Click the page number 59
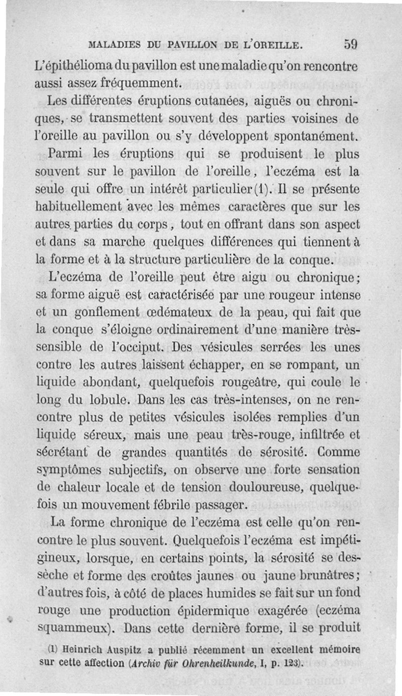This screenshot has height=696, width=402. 351,44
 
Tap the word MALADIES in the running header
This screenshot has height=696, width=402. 112,46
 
